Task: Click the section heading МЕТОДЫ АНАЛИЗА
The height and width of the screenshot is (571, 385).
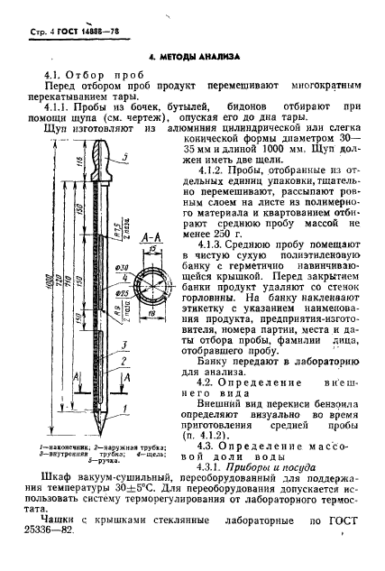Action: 193,54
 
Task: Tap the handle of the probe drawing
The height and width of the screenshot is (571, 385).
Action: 105,161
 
